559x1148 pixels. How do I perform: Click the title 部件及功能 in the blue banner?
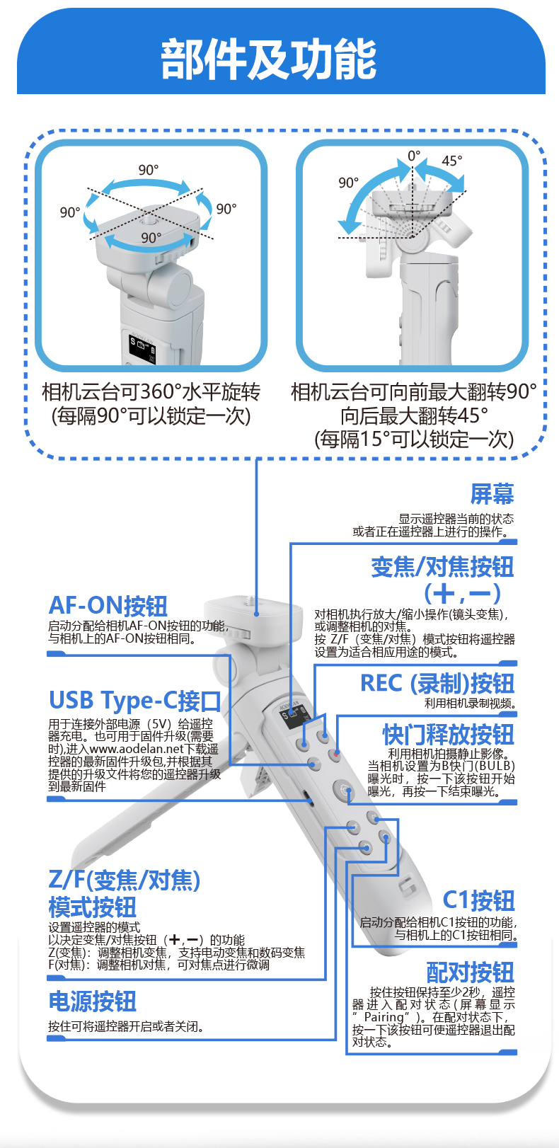[x=269, y=59]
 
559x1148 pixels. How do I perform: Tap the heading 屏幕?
[x=492, y=494]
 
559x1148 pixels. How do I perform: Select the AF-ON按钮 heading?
[x=108, y=606]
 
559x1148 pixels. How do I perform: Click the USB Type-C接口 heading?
[x=134, y=701]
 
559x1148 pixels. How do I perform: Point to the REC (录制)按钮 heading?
[x=437, y=683]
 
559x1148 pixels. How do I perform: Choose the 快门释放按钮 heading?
[x=449, y=735]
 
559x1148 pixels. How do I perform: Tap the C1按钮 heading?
[x=478, y=900]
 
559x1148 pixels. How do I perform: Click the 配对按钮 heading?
[x=471, y=972]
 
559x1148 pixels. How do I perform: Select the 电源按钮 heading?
[x=92, y=1001]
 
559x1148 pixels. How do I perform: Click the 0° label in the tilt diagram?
[x=414, y=155]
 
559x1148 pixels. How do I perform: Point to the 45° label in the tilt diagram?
[x=452, y=161]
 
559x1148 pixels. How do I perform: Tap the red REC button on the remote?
[x=335, y=754]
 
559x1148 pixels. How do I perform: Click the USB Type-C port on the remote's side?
[x=308, y=798]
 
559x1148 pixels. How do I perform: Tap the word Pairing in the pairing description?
[x=384, y=1017]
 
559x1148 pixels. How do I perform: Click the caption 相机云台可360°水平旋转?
[x=151, y=392]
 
